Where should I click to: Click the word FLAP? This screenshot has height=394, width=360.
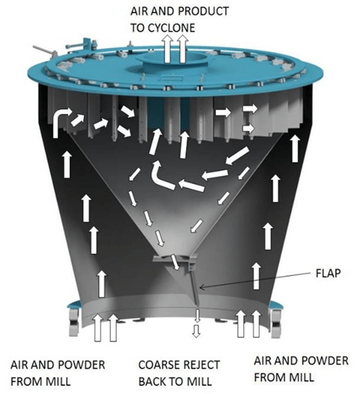[x=328, y=273]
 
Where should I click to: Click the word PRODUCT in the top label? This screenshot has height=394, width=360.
[x=204, y=11]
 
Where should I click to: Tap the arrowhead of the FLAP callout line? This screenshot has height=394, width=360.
[x=201, y=287]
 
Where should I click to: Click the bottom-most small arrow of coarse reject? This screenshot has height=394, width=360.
[x=196, y=332]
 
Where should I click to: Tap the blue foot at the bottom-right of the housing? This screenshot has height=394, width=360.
[x=275, y=320]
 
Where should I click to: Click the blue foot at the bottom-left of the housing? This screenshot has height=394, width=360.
[x=75, y=319]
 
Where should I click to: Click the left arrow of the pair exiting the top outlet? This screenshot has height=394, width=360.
[x=167, y=49]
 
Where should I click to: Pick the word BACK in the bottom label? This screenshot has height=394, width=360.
[x=153, y=382]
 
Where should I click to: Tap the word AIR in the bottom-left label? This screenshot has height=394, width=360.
[x=18, y=365]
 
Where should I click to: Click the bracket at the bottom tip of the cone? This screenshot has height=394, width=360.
[x=175, y=261]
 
